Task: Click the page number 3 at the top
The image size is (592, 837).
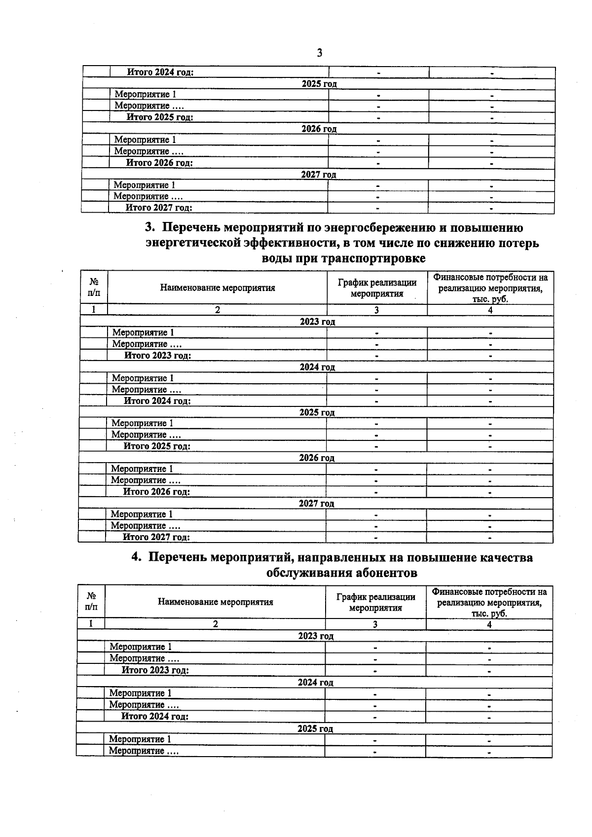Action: pyautogui.click(x=320, y=53)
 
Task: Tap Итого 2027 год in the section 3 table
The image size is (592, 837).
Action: pyautogui.click(x=156, y=537)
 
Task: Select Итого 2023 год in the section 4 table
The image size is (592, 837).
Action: pyautogui.click(x=155, y=670)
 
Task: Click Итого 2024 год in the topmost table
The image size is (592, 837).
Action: pyautogui.click(x=160, y=72)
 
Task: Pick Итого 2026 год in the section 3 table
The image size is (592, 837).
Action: pyautogui.click(x=156, y=492)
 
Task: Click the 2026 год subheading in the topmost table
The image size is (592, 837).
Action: pyautogui.click(x=319, y=129)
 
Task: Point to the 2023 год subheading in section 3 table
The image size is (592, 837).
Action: pyautogui.click(x=317, y=322)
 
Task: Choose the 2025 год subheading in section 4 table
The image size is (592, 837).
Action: pyautogui.click(x=315, y=728)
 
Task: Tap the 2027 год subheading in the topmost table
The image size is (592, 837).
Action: pyautogui.click(x=318, y=174)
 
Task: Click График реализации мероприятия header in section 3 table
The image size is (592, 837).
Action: pyautogui.click(x=377, y=288)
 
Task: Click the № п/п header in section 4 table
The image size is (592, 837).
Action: pyautogui.click(x=91, y=601)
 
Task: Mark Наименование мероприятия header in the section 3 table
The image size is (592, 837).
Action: pyautogui.click(x=217, y=288)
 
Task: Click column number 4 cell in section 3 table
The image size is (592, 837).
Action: pyautogui.click(x=490, y=310)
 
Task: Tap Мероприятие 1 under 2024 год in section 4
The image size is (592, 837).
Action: pyautogui.click(x=140, y=693)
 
